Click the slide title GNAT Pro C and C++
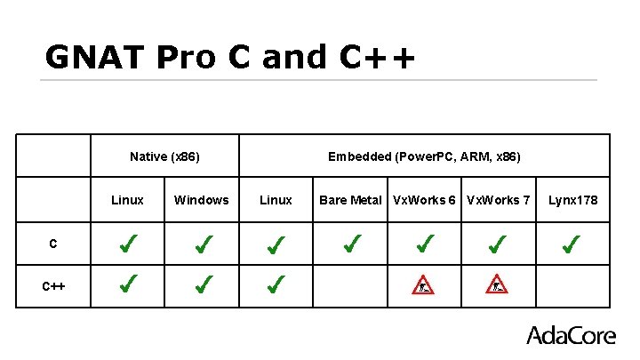pos(229,58)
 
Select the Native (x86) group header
pos(164,156)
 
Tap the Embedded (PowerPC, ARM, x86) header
pos(424,156)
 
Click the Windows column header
pos(201,200)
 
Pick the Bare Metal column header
pos(350,200)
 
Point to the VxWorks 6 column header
pos(424,200)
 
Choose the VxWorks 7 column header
pos(498,200)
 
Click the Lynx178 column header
pos(572,200)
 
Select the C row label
pos(53,243)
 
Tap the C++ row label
pos(53,285)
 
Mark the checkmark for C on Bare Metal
pos(351,242)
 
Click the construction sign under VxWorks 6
pos(424,284)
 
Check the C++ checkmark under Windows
pos(203,284)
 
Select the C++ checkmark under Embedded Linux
pos(276,284)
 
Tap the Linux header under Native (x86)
pos(127,200)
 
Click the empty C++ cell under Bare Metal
pos(350,285)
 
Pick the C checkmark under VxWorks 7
pos(499,242)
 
